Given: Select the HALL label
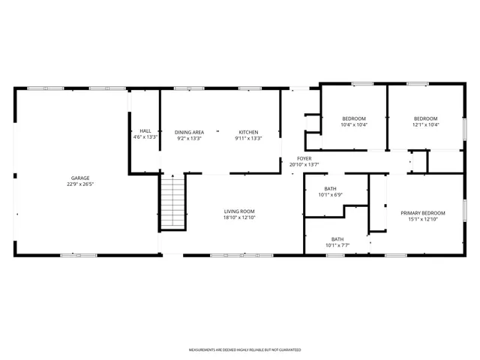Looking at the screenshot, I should pos(145,131).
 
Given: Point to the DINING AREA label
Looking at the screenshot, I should pos(189,132).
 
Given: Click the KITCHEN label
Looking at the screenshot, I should pos(248,132).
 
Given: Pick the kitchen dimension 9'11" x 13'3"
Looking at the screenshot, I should pos(248,138).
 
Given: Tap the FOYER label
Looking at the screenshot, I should pos(304,158).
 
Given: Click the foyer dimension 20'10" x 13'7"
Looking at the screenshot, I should pos(304,164).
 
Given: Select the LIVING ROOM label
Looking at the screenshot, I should pos(239,211).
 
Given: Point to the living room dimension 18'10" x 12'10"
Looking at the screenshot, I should pos(239,217).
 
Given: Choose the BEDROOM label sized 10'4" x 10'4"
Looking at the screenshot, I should pos(353,118).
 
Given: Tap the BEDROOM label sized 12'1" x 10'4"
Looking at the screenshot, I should pos(425,118).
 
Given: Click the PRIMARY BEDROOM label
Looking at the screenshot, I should pos(422,213).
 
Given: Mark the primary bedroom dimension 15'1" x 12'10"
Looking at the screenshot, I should pos(422,219).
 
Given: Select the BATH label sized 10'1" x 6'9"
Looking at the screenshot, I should pos(331,188).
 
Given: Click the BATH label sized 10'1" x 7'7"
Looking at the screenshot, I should pos(337,239).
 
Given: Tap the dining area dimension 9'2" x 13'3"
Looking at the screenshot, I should pos(189,138).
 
